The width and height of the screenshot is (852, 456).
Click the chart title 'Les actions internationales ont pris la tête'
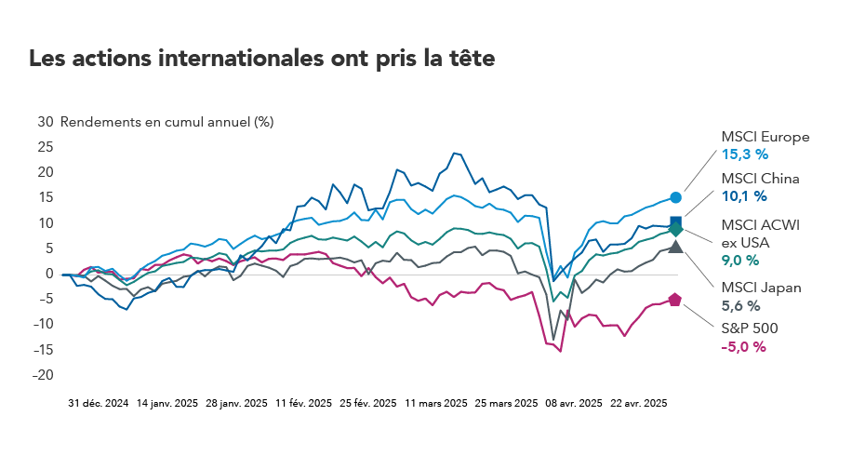point(261,58)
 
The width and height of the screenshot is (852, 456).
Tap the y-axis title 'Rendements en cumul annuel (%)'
point(167,121)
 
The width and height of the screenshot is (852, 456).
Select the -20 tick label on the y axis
point(43,375)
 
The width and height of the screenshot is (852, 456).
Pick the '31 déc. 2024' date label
point(98,404)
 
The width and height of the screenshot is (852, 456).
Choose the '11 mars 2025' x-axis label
point(435,404)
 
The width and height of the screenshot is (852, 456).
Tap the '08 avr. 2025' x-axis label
point(572,404)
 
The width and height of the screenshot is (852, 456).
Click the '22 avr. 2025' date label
point(639,404)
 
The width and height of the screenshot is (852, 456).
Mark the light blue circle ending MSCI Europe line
point(676,197)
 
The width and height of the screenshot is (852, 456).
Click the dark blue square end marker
point(676,222)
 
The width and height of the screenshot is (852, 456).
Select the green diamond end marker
point(676,229)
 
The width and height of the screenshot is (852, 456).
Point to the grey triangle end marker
point(676,247)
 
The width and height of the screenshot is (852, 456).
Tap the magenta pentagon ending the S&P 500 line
point(675,300)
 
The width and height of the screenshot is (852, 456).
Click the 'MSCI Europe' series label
point(765,137)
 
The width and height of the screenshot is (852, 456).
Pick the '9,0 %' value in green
point(741,262)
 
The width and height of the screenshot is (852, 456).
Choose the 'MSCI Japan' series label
point(762,288)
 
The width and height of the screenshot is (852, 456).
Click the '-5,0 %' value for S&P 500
point(743,346)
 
